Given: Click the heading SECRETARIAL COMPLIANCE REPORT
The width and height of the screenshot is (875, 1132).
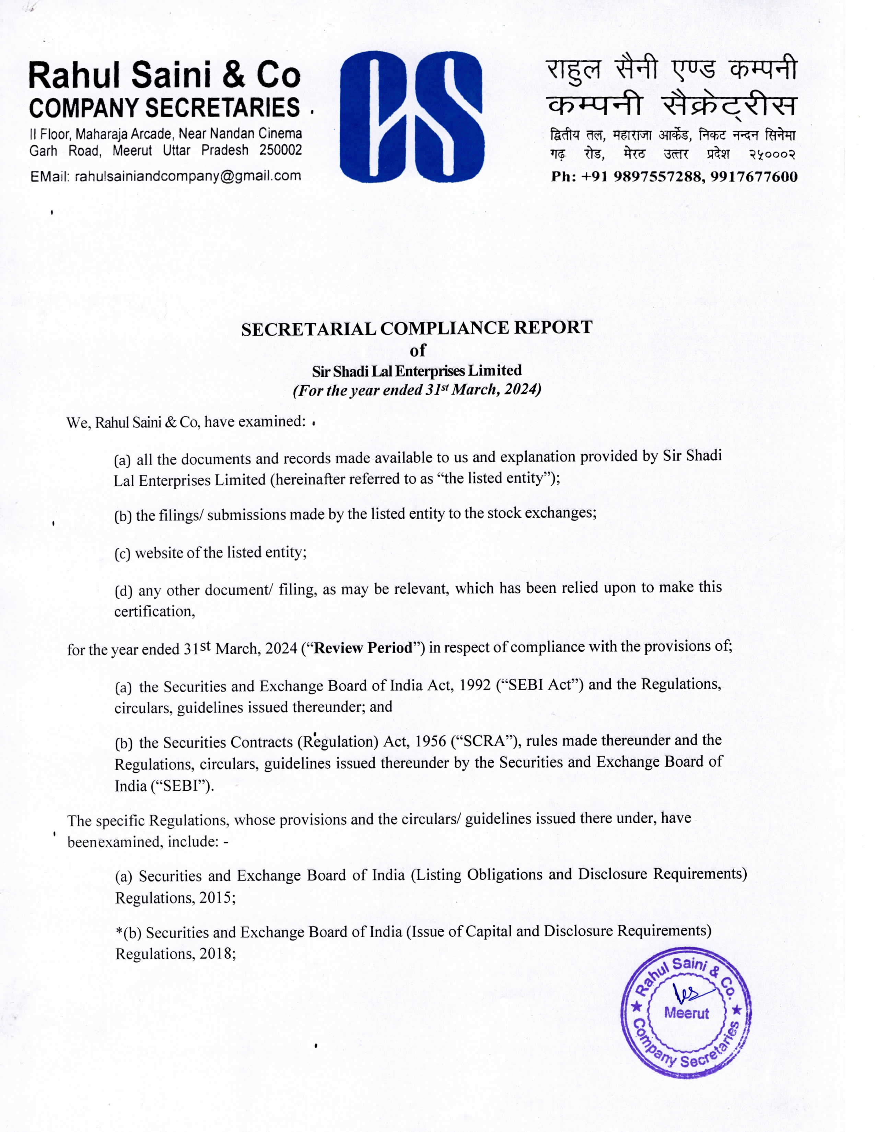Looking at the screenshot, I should (417, 328).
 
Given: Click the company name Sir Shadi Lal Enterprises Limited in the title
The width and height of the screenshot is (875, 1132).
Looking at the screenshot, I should (417, 370).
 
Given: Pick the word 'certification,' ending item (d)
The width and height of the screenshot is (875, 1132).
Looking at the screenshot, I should (154, 612).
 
